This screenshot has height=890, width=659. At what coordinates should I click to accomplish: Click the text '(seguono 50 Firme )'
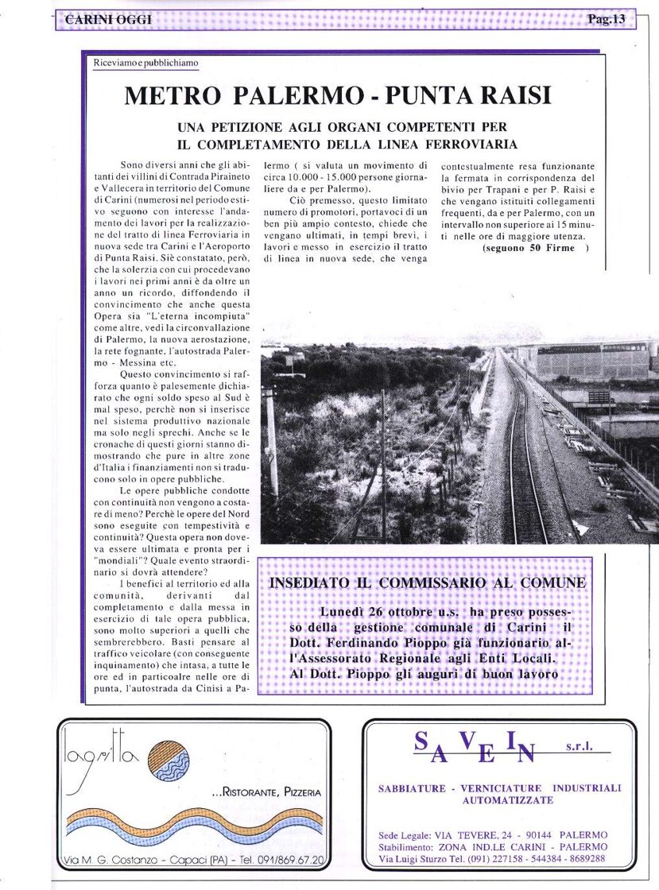click(536, 249)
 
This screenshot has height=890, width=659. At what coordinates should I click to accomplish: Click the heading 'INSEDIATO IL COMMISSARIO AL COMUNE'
click(428, 582)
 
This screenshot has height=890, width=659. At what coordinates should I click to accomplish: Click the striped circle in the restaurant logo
click(169, 760)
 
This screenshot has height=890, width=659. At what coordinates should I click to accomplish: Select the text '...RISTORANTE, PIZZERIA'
click(266, 791)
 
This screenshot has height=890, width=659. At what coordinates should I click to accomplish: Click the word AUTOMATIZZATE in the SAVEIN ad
click(507, 800)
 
